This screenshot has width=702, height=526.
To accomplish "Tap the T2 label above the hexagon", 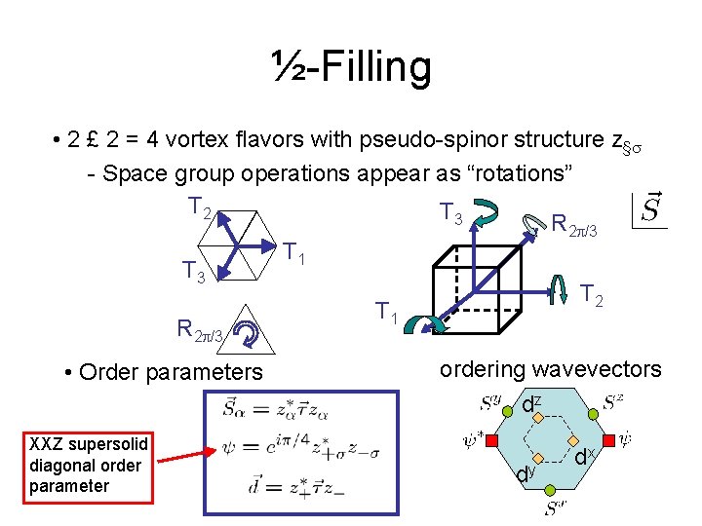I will [201, 207].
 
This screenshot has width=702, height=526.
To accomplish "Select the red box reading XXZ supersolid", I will [89, 466].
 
